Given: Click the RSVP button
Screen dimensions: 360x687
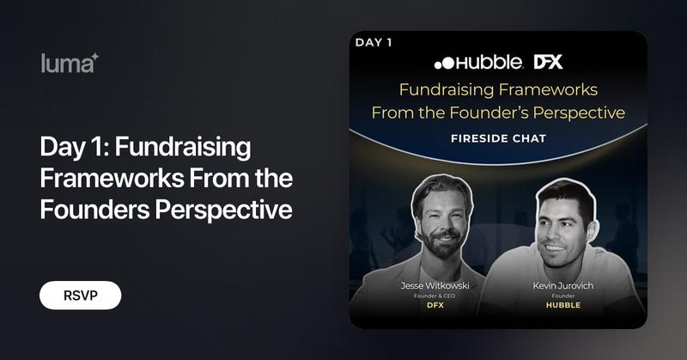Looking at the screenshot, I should [80, 295].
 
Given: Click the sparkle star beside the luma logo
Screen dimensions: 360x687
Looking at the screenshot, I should [94, 57].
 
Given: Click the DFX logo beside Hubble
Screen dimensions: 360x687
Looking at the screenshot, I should [549, 62].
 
